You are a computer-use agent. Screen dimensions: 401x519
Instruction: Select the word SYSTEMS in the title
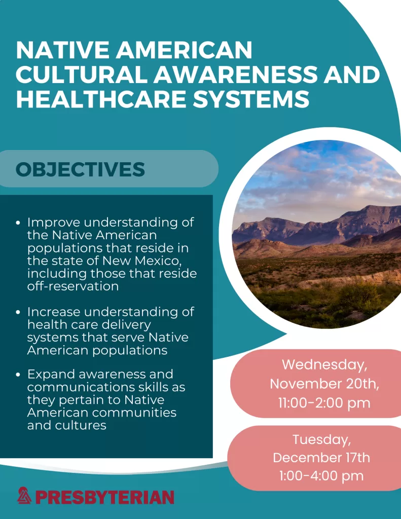point(251,99)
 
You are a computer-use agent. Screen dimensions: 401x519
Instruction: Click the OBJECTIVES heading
point(80,169)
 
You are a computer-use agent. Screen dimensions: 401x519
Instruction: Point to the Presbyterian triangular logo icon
point(24,496)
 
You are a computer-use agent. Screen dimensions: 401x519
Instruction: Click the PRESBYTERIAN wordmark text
point(104,497)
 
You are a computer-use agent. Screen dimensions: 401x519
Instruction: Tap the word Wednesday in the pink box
point(324,365)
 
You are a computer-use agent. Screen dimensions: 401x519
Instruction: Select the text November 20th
point(324,384)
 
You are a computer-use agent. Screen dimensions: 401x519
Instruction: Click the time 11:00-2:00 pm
point(324,403)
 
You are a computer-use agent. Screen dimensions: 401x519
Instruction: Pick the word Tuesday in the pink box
point(321,439)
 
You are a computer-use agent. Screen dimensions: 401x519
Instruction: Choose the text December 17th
point(321,458)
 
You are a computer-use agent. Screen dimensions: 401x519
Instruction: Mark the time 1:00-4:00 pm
point(321,476)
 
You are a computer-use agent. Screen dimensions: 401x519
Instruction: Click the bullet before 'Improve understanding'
point(18,223)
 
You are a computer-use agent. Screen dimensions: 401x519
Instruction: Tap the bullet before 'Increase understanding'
point(18,312)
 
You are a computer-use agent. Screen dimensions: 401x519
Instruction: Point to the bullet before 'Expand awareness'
point(18,375)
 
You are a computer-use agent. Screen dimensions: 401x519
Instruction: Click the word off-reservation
point(73,286)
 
